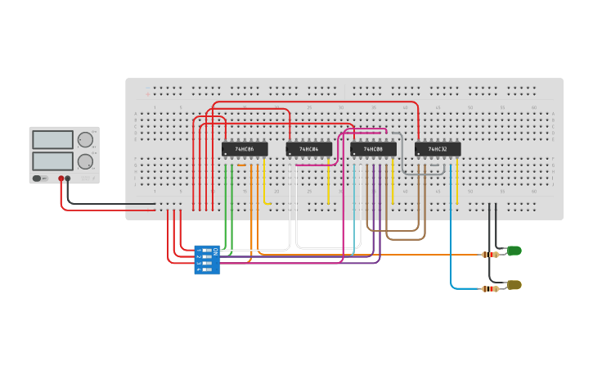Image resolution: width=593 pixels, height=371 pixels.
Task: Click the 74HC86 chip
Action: pyautogui.click(x=244, y=149)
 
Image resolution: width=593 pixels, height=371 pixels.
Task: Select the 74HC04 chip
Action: pyautogui.click(x=308, y=149)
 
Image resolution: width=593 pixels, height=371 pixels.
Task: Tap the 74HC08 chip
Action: pyautogui.click(x=373, y=149)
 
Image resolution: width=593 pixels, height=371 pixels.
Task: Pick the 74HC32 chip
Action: pyautogui.click(x=437, y=149)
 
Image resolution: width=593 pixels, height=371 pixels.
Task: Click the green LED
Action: pyautogui.click(x=514, y=251)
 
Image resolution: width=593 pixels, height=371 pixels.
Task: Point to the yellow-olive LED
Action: pyautogui.click(x=514, y=285)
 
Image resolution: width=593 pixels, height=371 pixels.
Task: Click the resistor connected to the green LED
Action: pyautogui.click(x=490, y=255)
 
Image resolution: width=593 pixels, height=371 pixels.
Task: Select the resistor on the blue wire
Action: pyautogui.click(x=490, y=288)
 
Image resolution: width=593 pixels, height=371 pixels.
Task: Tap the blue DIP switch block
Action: pyautogui.click(x=206, y=260)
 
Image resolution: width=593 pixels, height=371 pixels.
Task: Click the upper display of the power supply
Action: pyautogui.click(x=52, y=140)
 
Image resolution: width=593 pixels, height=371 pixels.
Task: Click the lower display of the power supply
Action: pyautogui.click(x=52, y=161)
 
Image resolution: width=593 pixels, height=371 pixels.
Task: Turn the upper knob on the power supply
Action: pyautogui.click(x=85, y=140)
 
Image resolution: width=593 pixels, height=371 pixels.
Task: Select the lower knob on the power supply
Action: pyautogui.click(x=85, y=161)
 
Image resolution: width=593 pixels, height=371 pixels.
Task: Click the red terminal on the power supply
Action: pyautogui.click(x=61, y=178)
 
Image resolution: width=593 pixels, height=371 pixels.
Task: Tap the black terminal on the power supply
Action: pyautogui.click(x=68, y=178)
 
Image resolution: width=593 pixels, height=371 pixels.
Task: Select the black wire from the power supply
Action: pyautogui.click(x=106, y=204)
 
